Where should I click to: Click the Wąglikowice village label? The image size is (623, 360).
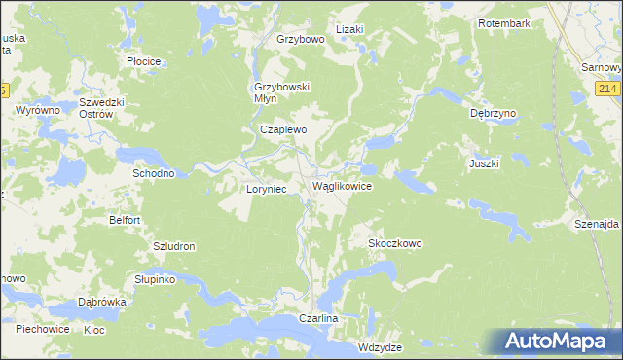tap(341, 185)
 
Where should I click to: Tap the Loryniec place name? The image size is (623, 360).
tap(265, 189)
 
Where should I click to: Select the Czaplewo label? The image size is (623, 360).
tap(283, 128)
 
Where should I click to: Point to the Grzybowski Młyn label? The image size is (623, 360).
tap(275, 91)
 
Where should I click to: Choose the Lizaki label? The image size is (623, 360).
tap(349, 29)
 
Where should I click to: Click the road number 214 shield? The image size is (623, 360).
tap(608, 90)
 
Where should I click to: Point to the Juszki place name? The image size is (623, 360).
tap(484, 163)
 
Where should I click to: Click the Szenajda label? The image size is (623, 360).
tap(597, 224)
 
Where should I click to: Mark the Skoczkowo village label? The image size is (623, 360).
tap(394, 243)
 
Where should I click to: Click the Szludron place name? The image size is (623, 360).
tap(174, 246)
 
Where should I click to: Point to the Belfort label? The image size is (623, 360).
tap(125, 221)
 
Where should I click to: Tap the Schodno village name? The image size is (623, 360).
tap(153, 173)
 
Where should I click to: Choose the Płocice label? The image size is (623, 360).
tap(144, 60)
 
